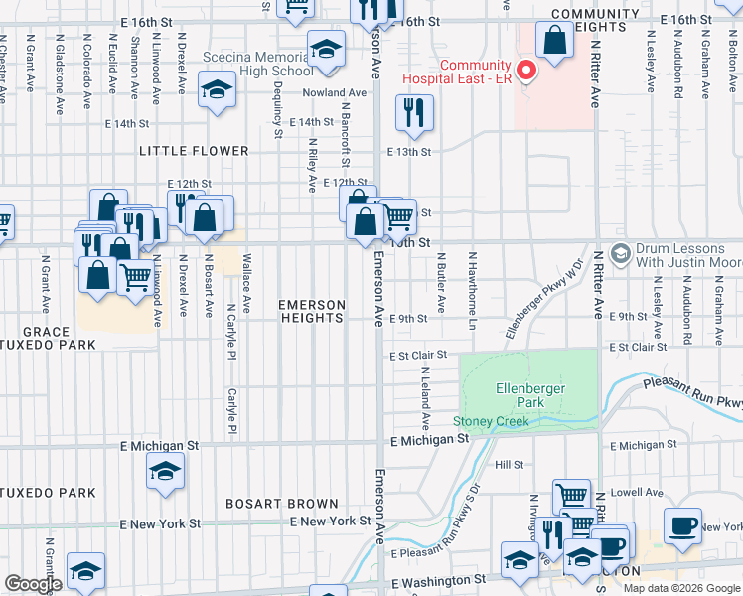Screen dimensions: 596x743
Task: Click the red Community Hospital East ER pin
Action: click(x=526, y=70)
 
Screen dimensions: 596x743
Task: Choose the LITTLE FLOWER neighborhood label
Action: click(x=194, y=151)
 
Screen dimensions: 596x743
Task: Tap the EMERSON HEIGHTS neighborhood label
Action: click(x=312, y=311)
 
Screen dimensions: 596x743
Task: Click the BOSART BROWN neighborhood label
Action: click(x=281, y=505)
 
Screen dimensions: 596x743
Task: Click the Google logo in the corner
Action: click(x=33, y=584)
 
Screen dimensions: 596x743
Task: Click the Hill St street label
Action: click(x=509, y=465)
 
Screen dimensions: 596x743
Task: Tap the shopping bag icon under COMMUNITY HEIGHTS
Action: click(x=554, y=40)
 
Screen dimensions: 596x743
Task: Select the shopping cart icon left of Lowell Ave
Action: click(x=570, y=495)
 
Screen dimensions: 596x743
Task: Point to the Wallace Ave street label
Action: click(x=245, y=283)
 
